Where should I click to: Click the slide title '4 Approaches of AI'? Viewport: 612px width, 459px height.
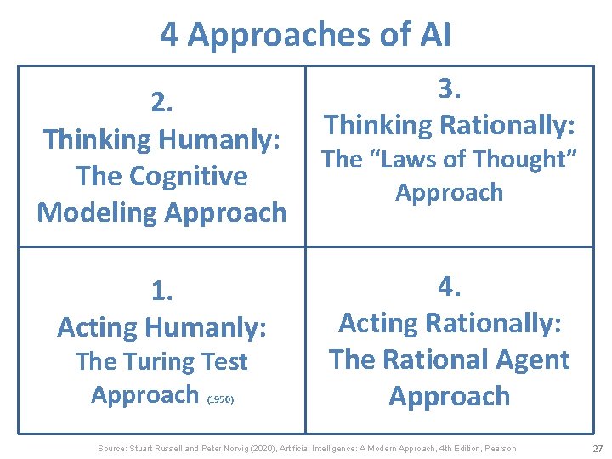[x=306, y=35]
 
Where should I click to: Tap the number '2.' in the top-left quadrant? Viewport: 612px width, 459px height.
[x=161, y=102]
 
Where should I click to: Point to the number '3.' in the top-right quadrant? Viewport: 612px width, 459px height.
[x=450, y=89]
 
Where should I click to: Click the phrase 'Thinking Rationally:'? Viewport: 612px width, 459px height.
[x=450, y=125]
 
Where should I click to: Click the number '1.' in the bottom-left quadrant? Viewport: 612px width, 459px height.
[x=161, y=291]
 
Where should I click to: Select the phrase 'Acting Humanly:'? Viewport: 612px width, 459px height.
[x=161, y=326]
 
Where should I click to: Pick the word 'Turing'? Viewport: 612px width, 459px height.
[x=161, y=361]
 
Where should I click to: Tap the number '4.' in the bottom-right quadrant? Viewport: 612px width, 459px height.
[x=450, y=286]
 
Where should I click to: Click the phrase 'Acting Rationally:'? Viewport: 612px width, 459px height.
[x=450, y=323]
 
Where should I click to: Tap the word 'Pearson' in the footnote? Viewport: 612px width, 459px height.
[x=499, y=448]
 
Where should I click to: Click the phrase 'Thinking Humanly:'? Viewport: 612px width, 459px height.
[x=161, y=139]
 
